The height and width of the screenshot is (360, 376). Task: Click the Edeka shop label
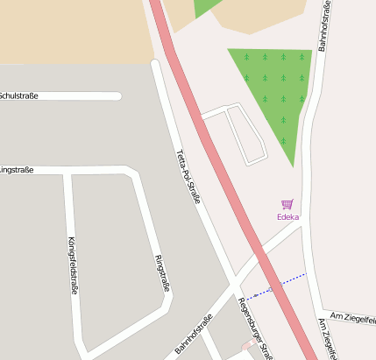tap(287, 216)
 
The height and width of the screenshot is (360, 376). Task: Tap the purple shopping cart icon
tap(287, 204)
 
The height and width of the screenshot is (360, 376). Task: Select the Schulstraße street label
tap(18, 95)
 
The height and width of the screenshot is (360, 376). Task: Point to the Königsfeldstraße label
tap(72, 264)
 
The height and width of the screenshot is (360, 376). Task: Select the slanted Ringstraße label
tap(162, 272)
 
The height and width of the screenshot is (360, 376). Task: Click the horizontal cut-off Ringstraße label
tap(17, 169)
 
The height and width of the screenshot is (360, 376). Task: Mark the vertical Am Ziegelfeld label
tap(328, 340)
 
